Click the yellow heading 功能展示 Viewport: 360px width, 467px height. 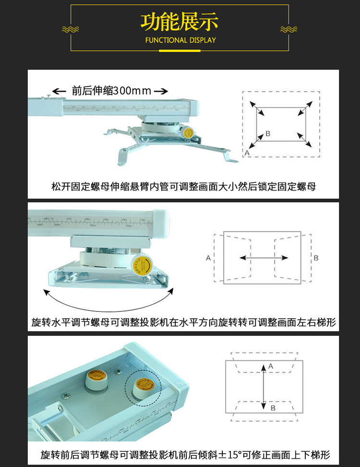(180, 22)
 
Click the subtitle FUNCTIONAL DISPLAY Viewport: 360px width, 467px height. (180, 40)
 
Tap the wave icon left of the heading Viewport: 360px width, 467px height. (71, 30)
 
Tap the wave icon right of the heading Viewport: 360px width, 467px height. (288, 30)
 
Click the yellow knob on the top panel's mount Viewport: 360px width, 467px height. (188, 132)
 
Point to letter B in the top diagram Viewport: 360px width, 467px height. (268, 133)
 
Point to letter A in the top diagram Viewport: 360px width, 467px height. (247, 152)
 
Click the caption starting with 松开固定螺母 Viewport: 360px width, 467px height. (183, 186)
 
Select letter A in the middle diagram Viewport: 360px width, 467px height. (208, 258)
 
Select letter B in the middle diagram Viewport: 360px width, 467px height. (316, 258)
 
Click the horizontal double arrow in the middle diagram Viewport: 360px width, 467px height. (264, 258)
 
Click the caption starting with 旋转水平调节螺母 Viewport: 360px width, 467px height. (183, 322)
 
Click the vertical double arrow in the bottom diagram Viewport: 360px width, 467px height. (264, 387)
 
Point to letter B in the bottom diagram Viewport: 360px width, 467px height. (273, 408)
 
